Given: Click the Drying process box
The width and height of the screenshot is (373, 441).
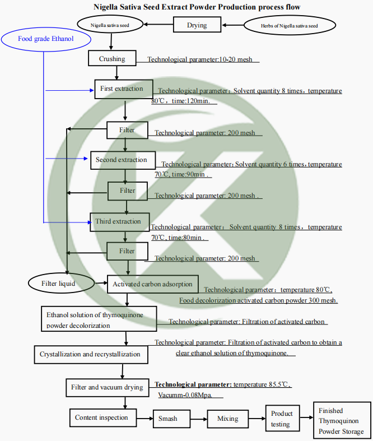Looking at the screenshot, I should [x=197, y=25].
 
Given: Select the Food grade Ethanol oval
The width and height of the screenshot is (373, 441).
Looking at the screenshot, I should [x=45, y=39].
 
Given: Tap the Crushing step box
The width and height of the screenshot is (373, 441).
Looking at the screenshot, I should [x=112, y=59].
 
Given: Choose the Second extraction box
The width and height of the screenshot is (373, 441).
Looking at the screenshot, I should [x=121, y=160].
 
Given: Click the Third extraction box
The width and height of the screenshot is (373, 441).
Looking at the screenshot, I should [x=118, y=222].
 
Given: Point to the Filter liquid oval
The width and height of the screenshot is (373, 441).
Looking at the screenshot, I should [x=58, y=284].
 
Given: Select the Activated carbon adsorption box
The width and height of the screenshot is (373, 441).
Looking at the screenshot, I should [x=152, y=284].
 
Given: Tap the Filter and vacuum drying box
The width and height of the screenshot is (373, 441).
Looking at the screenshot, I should [x=107, y=387].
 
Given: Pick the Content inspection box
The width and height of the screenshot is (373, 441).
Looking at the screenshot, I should [x=102, y=417].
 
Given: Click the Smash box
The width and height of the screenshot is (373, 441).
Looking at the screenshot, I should [x=167, y=419].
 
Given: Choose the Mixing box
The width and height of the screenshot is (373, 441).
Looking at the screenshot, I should [x=227, y=419].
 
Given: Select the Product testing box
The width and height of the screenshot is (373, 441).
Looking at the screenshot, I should [x=282, y=419].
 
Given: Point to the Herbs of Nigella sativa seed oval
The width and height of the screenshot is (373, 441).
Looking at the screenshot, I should [x=290, y=26].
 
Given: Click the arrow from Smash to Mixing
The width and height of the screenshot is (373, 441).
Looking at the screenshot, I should [x=195, y=419].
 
